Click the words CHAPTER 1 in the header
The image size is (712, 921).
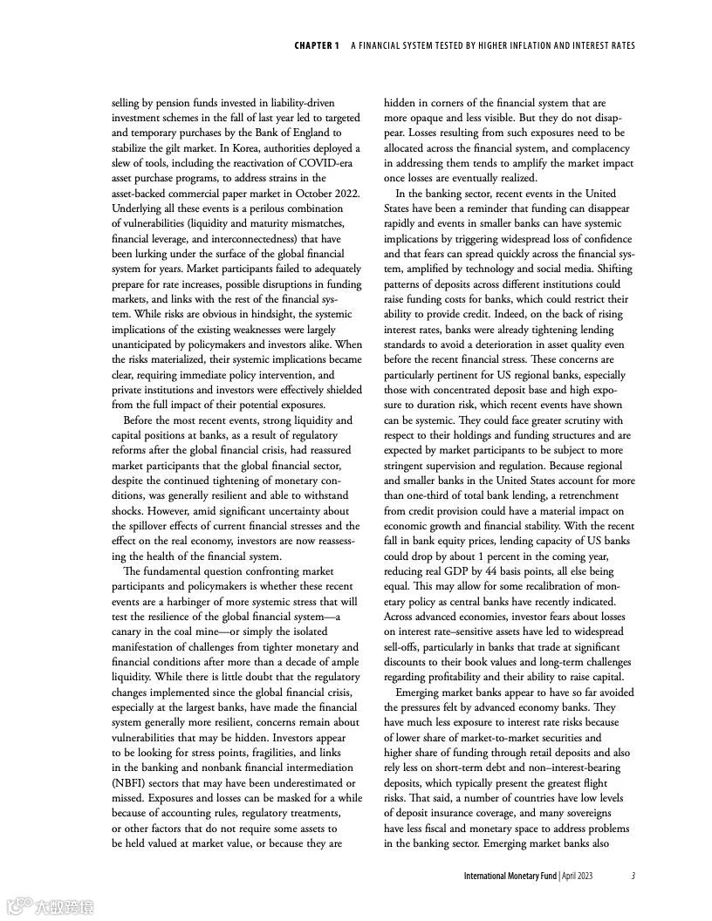[317, 45]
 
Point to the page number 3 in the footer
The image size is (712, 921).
[633, 875]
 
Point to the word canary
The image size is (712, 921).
[129, 631]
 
